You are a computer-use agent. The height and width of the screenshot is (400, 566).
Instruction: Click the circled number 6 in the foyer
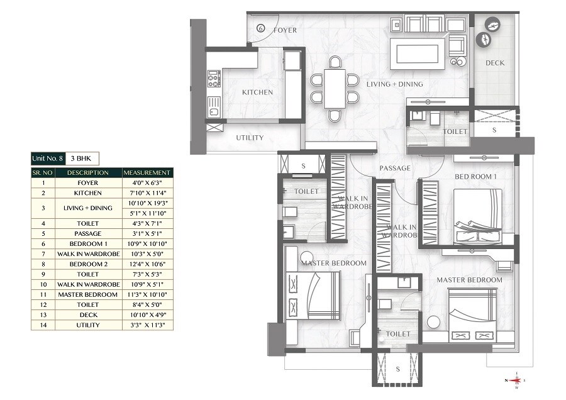[x=261, y=29]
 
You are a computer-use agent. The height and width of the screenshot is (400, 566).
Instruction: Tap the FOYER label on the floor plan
[x=284, y=30]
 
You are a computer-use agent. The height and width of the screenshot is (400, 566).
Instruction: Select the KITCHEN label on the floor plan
[x=258, y=92]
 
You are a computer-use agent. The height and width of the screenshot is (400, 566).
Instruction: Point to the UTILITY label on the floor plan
[x=250, y=138]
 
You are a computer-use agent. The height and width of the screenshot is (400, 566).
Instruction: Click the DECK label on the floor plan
[x=495, y=63]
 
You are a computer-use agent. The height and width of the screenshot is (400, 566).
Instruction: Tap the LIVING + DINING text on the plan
[x=395, y=84]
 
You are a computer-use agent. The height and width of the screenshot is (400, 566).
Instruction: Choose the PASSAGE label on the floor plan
[x=395, y=168]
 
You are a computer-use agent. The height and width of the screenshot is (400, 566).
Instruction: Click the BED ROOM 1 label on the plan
[x=475, y=177]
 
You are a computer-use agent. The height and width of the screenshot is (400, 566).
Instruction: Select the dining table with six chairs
[x=335, y=89]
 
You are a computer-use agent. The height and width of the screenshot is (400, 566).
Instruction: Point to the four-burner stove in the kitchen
[x=214, y=78]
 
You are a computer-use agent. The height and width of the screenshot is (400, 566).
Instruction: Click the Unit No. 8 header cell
[x=48, y=158]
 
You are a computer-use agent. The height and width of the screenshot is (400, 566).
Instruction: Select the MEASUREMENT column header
[x=147, y=172]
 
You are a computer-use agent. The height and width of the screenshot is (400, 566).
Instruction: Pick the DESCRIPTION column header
[x=88, y=172]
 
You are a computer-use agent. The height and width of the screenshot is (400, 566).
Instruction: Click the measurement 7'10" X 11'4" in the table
[x=147, y=193]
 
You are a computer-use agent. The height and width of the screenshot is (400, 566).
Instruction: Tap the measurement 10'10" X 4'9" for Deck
[x=147, y=314]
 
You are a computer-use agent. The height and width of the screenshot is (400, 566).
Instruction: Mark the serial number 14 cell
[x=43, y=325]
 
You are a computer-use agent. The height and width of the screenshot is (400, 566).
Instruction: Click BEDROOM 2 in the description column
[x=88, y=264]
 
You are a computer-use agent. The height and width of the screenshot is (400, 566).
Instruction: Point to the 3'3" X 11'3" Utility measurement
[x=147, y=325]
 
